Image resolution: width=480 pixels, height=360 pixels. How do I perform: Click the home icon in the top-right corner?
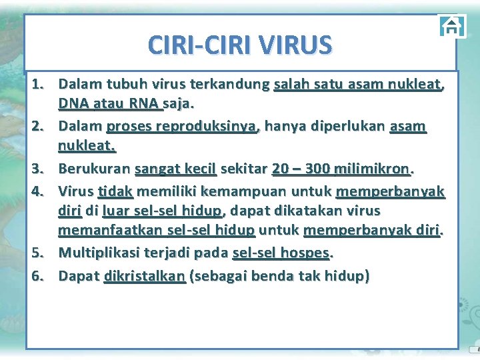(x=452, y=27)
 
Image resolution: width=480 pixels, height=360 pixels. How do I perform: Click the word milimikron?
(x=377, y=169)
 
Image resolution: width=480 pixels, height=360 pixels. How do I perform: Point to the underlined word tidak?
(x=115, y=191)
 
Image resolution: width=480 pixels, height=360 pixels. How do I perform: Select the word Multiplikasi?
(x=99, y=253)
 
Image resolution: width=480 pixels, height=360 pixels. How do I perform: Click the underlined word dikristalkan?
(x=145, y=275)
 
